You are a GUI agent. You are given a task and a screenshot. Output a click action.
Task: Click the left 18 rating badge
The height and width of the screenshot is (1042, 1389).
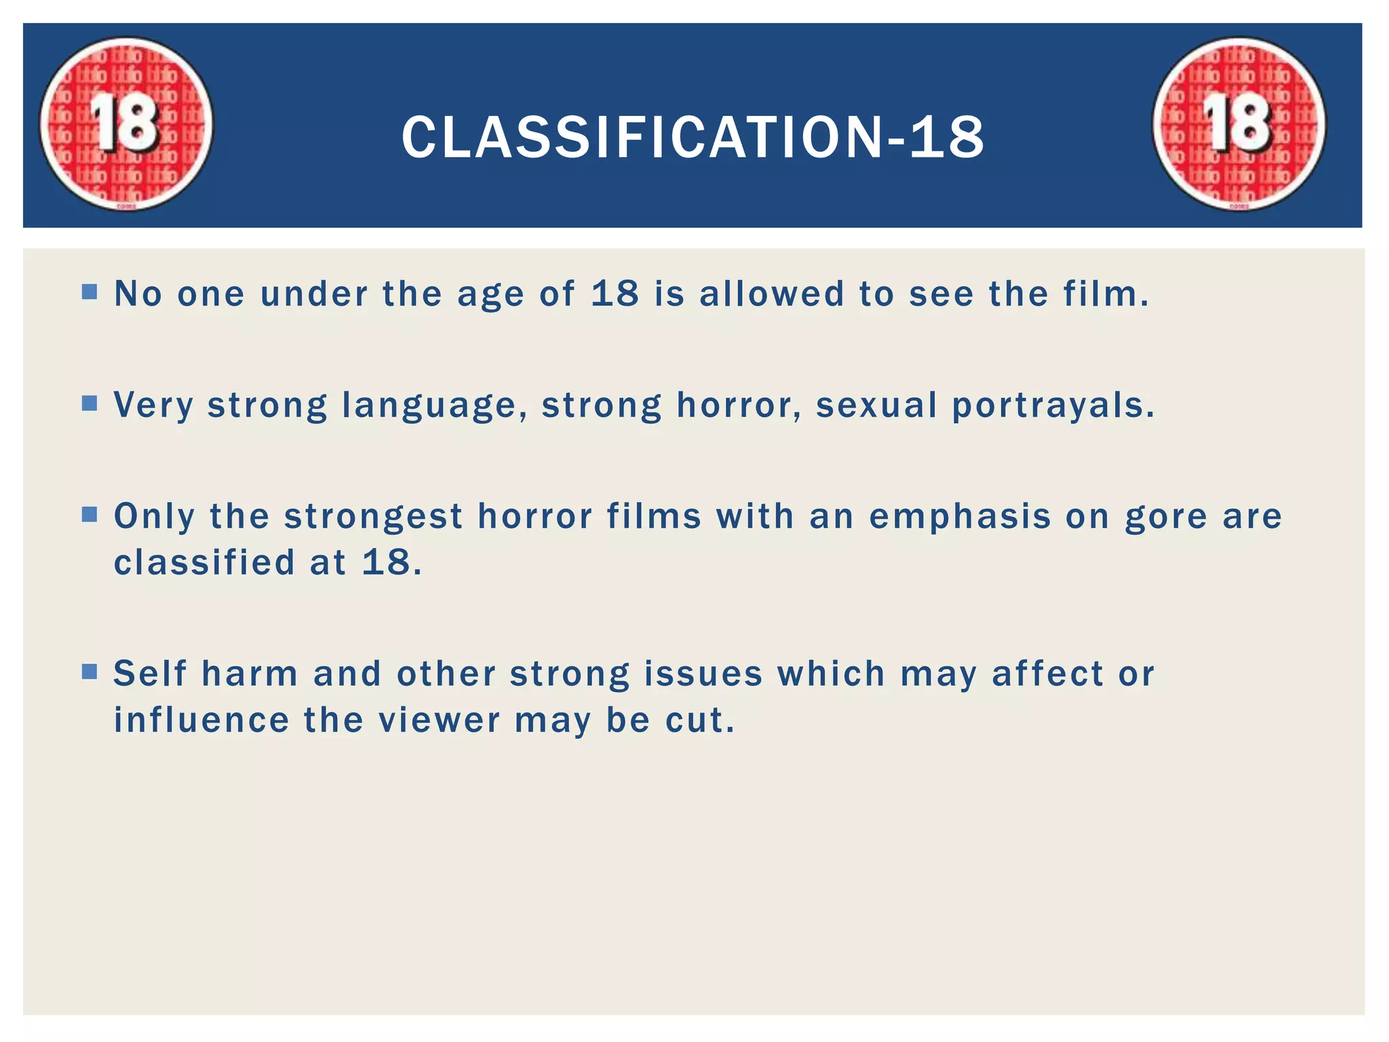pos(125,123)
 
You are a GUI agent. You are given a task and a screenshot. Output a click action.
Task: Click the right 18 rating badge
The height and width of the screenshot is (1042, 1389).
pos(1239,123)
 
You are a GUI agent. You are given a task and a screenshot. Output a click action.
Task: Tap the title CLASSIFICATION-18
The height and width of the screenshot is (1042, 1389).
pos(692,137)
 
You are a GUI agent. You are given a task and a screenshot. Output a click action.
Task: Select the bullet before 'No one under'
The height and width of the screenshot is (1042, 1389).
pos(90,292)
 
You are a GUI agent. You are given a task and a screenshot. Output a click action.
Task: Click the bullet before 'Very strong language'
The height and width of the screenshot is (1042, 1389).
pos(90,404)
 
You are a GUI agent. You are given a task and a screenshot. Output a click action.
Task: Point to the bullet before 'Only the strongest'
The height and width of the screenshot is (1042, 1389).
pos(90,514)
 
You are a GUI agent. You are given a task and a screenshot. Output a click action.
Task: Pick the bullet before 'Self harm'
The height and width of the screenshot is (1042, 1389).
pos(90,672)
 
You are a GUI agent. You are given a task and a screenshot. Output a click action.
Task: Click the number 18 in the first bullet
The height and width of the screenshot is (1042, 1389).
pos(614,293)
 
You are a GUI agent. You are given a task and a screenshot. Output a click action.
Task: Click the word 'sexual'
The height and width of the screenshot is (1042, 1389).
pos(876,405)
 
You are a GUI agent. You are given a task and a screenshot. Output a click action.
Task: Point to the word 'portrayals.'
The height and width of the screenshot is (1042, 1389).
pos(1053,406)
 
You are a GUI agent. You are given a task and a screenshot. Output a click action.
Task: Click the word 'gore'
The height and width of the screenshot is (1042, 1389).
pos(1166,517)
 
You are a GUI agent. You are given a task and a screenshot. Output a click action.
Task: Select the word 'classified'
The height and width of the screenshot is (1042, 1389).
pos(204,562)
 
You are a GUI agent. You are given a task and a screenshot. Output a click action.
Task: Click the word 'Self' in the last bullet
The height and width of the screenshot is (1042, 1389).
pos(150,674)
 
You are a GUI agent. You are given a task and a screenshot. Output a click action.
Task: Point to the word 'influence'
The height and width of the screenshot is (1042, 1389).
pos(201,720)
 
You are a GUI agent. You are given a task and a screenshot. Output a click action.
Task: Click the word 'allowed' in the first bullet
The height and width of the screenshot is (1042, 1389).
pos(772,293)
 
